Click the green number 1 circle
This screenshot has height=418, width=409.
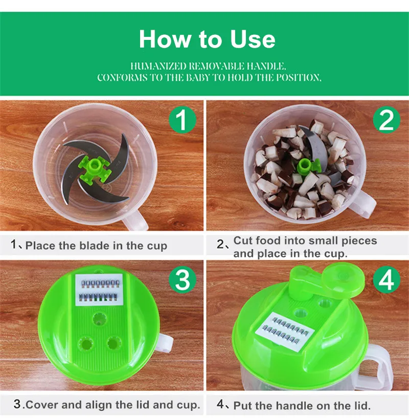(x=183, y=120)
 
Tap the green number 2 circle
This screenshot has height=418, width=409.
(x=387, y=120)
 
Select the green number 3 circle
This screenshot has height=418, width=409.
(x=183, y=279)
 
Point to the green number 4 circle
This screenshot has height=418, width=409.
(x=387, y=279)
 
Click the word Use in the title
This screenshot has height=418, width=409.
(x=253, y=39)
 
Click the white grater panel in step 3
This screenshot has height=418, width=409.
(x=99, y=290)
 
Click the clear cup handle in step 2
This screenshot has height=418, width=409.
(x=363, y=203)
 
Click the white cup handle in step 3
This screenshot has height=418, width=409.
(x=165, y=342)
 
